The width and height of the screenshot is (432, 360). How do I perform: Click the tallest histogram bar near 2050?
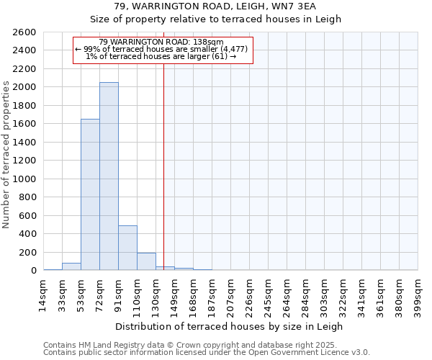point(109,176)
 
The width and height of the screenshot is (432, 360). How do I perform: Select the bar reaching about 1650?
point(90,194)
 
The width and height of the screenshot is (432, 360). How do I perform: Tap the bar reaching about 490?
point(127,248)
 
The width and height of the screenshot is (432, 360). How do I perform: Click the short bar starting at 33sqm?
point(71,266)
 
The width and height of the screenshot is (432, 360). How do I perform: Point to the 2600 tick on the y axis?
point(24,32)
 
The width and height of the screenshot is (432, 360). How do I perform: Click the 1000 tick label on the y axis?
point(24,179)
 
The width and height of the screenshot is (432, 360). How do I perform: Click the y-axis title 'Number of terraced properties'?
point(6,155)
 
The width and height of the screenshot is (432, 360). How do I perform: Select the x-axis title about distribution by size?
point(229,326)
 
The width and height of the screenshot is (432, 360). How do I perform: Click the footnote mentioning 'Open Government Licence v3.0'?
point(207,352)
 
